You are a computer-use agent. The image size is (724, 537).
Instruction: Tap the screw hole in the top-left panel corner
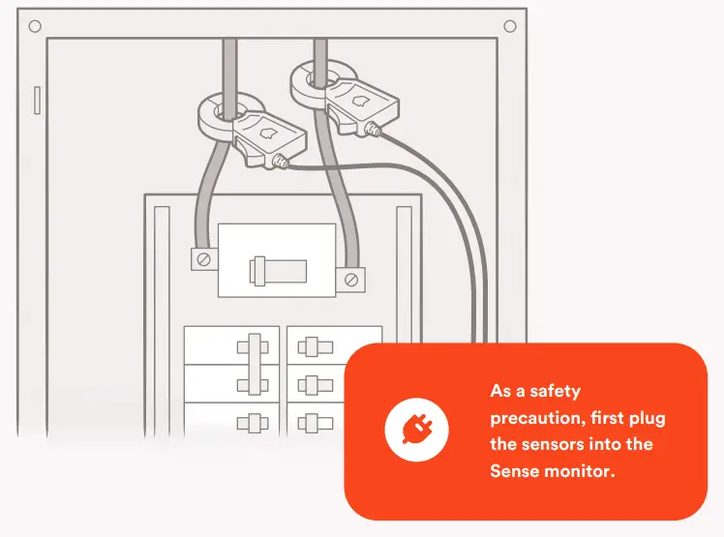click(35, 25)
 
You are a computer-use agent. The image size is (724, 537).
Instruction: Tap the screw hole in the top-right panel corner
click(510, 25)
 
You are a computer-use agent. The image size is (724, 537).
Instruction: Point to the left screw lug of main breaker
click(203, 258)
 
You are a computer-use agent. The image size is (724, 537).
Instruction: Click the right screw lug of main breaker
click(351, 281)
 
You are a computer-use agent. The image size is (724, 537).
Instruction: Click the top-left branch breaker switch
click(255, 347)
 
